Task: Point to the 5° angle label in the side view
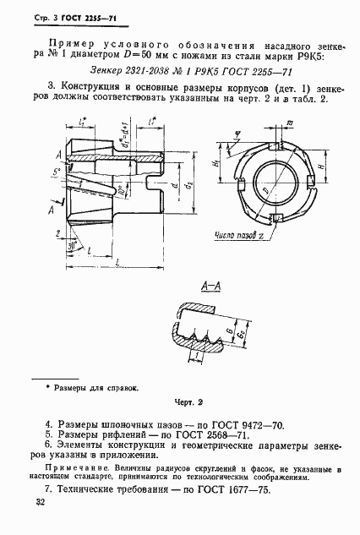tap(57, 172)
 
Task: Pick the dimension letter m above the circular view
tap(290, 124)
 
